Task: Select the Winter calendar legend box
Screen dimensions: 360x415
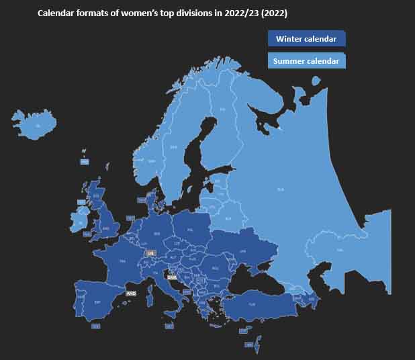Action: coord(306,39)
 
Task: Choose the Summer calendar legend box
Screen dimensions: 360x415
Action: coord(306,61)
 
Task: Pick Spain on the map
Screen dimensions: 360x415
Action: coord(97,303)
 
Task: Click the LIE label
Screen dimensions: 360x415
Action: coord(150,253)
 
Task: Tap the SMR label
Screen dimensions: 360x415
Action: coord(171,277)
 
